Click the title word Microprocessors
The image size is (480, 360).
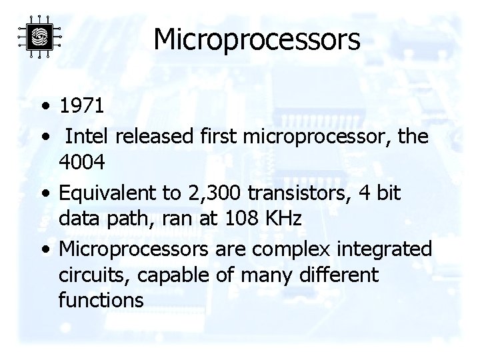[x=257, y=39]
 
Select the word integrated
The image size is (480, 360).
[x=387, y=250]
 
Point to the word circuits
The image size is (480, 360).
[x=85, y=275]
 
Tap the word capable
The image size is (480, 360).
[x=155, y=275]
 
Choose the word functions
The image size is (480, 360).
[x=101, y=299]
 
